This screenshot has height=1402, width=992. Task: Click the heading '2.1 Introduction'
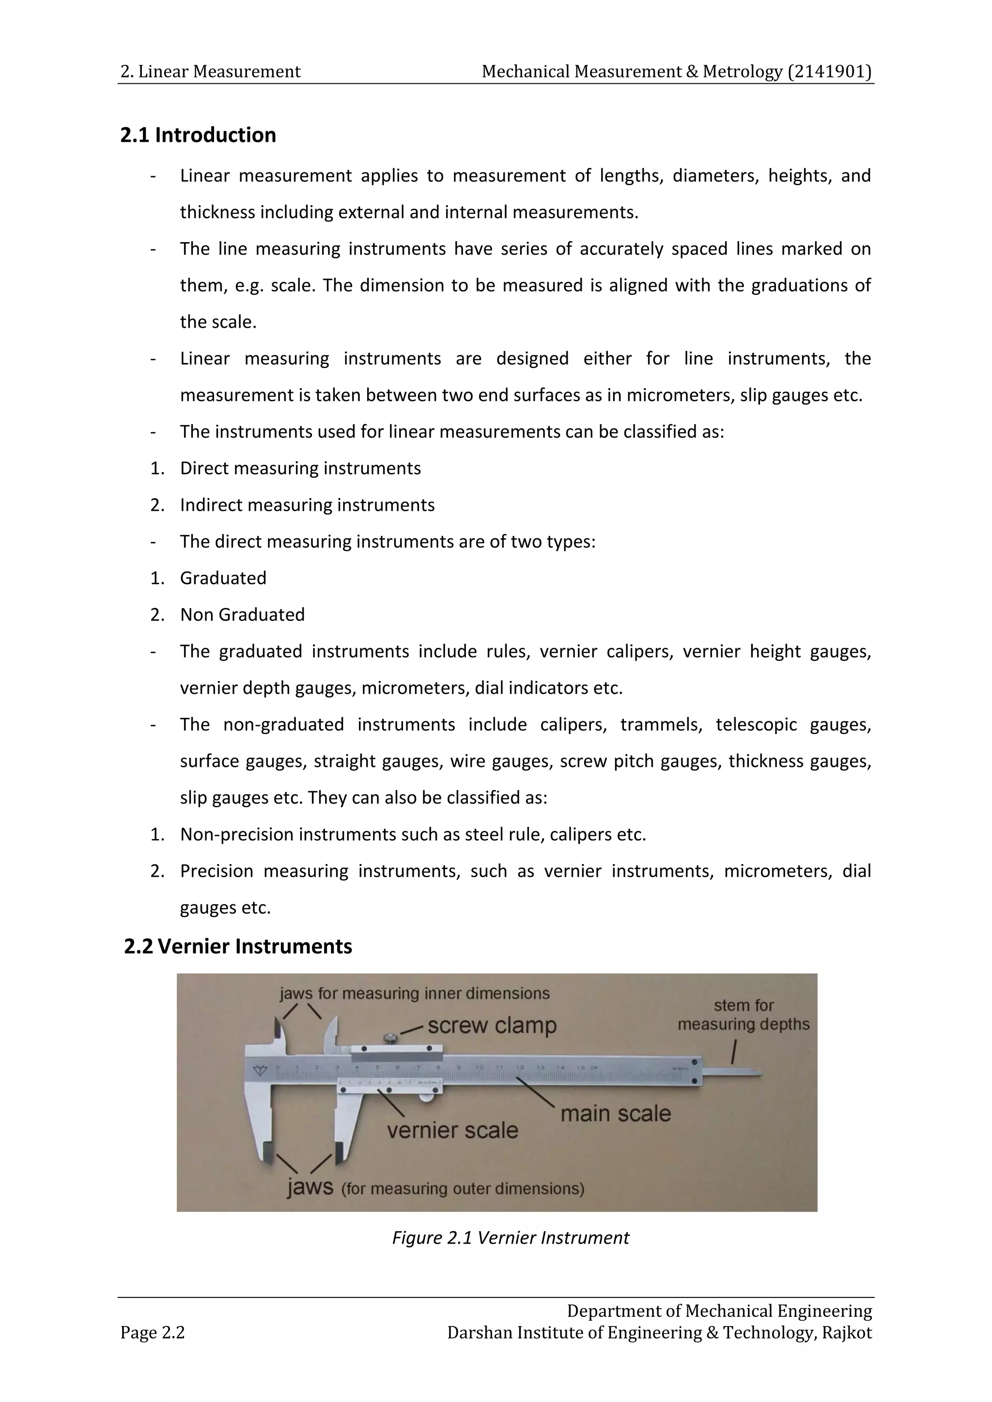tap(198, 135)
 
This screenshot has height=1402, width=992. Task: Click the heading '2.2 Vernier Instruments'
tap(238, 946)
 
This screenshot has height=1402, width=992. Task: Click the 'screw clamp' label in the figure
tap(492, 1025)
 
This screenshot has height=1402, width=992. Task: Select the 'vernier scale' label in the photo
tap(452, 1130)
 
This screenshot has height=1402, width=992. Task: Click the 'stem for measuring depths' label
tap(744, 1014)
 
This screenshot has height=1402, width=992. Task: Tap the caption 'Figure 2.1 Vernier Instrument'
tap(510, 1238)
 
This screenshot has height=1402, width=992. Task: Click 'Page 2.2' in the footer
tap(152, 1332)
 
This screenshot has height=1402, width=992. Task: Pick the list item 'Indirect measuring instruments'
tap(307, 505)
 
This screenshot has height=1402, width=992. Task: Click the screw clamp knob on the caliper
tap(388, 1037)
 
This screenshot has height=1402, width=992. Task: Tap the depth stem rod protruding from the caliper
tap(733, 1073)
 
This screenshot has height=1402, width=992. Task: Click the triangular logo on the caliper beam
tap(261, 1070)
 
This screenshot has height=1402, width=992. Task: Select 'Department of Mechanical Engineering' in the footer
tap(719, 1311)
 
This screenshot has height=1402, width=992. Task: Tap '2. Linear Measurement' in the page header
tap(210, 72)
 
